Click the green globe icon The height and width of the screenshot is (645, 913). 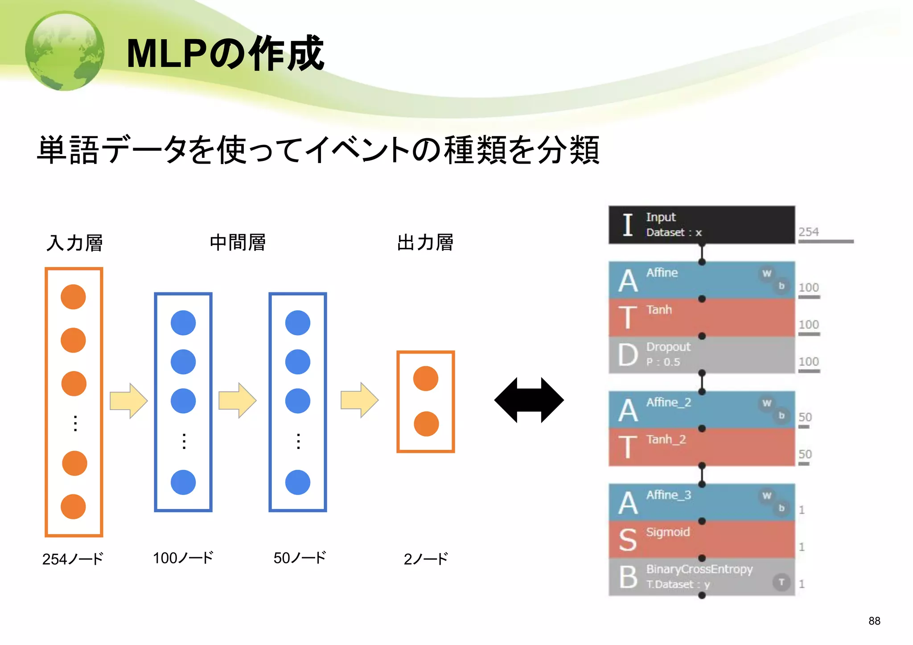(x=65, y=51)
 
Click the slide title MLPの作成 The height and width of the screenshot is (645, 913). (x=225, y=54)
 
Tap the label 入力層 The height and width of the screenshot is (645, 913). (x=74, y=243)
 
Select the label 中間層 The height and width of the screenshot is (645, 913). (x=238, y=242)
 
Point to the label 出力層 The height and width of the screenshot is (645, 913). (x=425, y=242)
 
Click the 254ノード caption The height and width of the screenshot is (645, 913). (x=73, y=559)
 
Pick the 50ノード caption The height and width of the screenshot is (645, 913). (x=300, y=558)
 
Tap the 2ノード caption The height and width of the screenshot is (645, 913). (x=426, y=559)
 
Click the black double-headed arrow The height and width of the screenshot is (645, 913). (x=529, y=400)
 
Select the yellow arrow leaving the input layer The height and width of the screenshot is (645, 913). (x=128, y=400)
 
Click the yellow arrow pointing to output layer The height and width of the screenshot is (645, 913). (x=359, y=400)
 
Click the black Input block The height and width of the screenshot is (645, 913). (x=701, y=225)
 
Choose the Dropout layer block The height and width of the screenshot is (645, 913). (x=701, y=355)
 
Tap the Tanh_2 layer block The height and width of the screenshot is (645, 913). (x=701, y=447)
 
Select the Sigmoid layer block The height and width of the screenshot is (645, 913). (x=701, y=539)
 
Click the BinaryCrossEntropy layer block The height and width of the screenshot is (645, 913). (x=701, y=577)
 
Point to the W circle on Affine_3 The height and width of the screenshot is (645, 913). (x=766, y=495)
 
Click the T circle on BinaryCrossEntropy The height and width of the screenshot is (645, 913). (x=781, y=582)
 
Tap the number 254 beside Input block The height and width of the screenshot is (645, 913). (x=808, y=232)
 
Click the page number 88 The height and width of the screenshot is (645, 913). (x=874, y=621)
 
